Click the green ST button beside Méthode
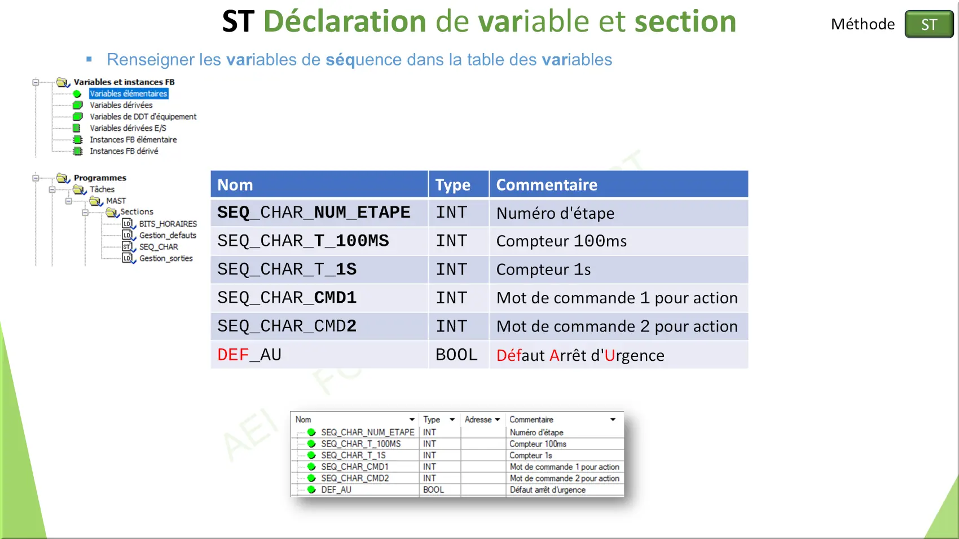pos(929,24)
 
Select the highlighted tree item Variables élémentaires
pos(129,94)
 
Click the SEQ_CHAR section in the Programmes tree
pos(159,247)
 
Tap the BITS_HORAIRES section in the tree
pos(168,224)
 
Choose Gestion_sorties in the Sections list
pos(166,258)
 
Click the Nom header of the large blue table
pos(235,185)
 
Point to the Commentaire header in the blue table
pos(546,185)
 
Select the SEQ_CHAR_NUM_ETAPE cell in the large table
pos(314,212)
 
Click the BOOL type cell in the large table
pos(456,355)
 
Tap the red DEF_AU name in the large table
pos(249,355)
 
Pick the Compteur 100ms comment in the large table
pos(561,241)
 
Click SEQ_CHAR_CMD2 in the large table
pos(287,326)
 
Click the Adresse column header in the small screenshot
pos(478,419)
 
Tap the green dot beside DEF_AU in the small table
pos(311,489)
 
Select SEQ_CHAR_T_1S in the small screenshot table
pos(353,455)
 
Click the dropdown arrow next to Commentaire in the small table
pos(613,419)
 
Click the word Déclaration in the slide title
pos(345,21)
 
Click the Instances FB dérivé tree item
pos(124,151)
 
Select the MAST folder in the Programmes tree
pos(116,201)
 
